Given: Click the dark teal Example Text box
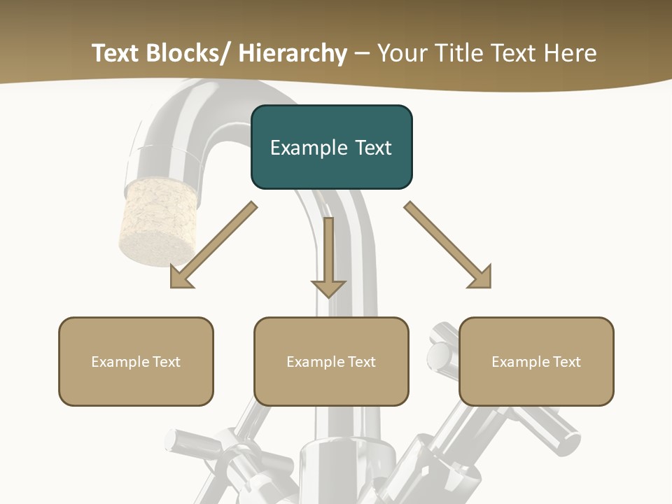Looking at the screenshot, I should [x=331, y=147].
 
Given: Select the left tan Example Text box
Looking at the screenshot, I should [x=136, y=361].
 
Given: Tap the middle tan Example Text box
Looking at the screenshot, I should [x=331, y=361].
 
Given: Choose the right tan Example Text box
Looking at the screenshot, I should [x=536, y=361].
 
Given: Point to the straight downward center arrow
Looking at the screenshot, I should [x=328, y=256].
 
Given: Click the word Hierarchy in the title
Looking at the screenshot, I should [x=293, y=53].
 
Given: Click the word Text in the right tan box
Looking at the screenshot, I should [x=565, y=362].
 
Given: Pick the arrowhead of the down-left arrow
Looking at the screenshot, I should [x=181, y=276].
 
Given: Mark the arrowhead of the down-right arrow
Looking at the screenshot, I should [x=479, y=276].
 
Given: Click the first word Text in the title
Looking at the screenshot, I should [x=115, y=53].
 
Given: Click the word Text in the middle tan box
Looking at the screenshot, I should [x=360, y=362].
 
